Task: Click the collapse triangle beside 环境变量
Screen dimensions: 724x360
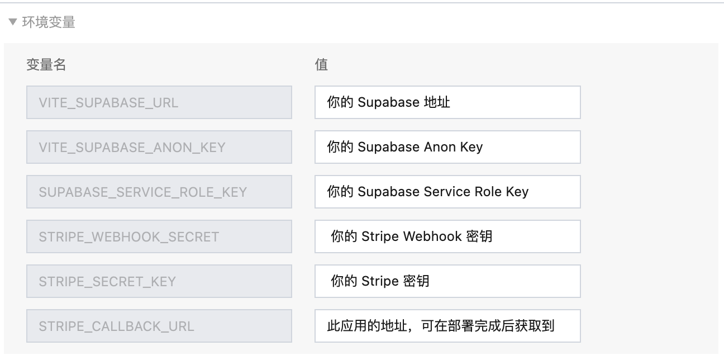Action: (x=13, y=22)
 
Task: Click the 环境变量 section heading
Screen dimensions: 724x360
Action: (x=49, y=22)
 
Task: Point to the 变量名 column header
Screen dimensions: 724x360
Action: (x=46, y=65)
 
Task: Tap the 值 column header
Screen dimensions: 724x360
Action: (x=321, y=65)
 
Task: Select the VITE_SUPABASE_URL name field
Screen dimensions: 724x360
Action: (x=159, y=102)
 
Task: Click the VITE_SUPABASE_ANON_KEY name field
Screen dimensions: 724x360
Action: (x=159, y=147)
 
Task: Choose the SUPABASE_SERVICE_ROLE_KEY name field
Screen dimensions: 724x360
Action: (x=159, y=192)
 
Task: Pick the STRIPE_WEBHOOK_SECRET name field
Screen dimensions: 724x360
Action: (x=159, y=236)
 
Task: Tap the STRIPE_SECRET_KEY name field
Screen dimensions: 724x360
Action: (x=159, y=281)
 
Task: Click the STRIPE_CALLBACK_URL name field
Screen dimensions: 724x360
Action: (x=159, y=326)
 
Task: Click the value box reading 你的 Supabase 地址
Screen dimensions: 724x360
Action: (x=447, y=102)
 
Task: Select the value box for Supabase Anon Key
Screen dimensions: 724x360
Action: (x=447, y=147)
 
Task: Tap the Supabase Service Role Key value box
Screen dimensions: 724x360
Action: (x=447, y=192)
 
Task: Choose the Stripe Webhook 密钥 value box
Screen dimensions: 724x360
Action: (x=447, y=236)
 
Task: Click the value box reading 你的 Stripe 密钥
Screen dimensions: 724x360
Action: (x=447, y=281)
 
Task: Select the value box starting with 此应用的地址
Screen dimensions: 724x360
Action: (x=447, y=326)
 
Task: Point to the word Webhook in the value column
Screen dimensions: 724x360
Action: (x=432, y=236)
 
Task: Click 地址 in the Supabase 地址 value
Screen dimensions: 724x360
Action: (x=437, y=102)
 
